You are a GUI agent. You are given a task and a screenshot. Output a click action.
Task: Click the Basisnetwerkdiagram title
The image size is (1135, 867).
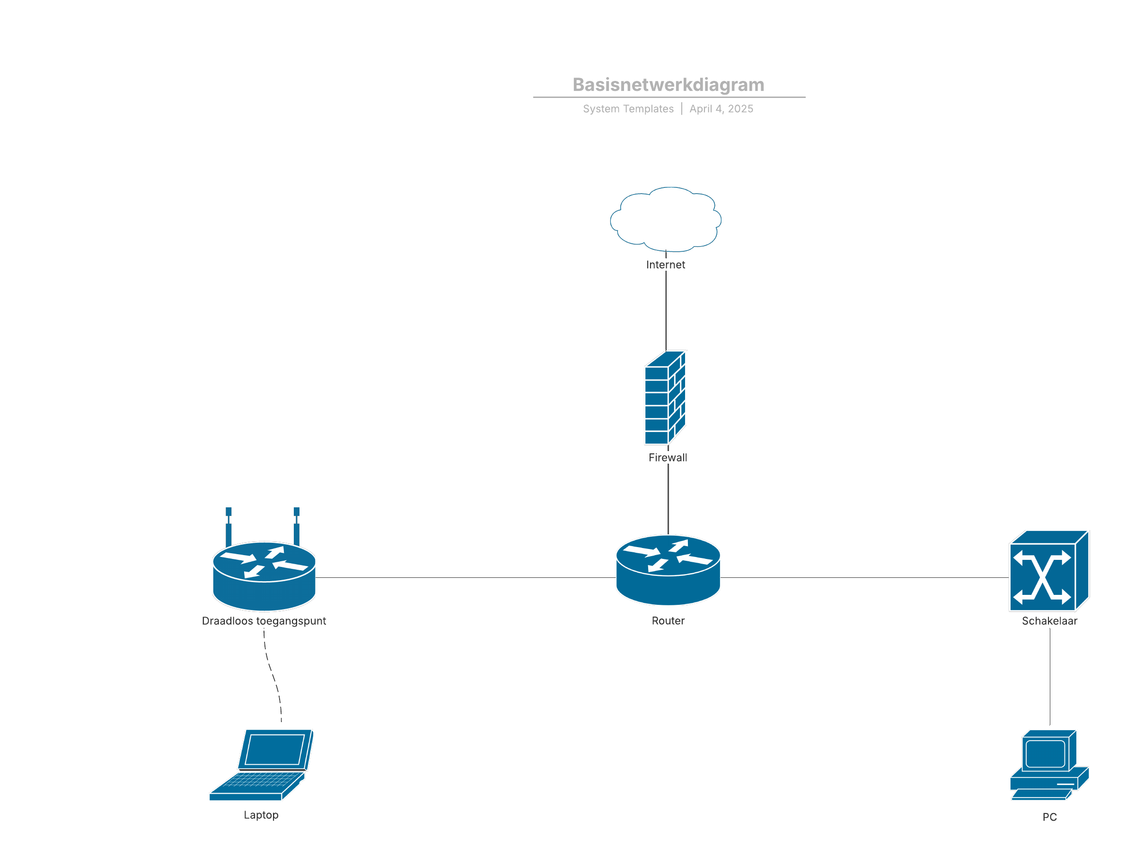point(668,84)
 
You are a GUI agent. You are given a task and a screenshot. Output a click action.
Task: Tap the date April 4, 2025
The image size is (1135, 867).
point(721,108)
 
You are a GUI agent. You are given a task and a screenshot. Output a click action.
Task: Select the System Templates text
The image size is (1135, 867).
point(628,108)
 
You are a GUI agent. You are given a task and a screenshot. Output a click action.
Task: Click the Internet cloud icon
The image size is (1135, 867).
point(666,219)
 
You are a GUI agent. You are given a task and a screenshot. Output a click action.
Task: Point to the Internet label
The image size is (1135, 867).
point(665,264)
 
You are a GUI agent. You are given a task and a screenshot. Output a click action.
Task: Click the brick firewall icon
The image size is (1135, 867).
point(665,397)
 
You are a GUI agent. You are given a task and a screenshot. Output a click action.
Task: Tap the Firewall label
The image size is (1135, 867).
point(668,457)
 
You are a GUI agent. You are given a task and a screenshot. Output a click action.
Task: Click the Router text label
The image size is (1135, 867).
point(668,620)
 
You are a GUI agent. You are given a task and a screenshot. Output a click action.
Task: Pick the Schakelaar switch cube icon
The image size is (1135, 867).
point(1049,570)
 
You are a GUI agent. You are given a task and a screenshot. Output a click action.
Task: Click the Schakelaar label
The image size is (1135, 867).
point(1049,620)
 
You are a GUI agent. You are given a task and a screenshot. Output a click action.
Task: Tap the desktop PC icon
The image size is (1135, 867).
point(1049,765)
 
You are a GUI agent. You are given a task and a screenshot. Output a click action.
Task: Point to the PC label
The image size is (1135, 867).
point(1049,816)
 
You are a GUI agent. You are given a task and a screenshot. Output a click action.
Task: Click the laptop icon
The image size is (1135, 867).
point(261,764)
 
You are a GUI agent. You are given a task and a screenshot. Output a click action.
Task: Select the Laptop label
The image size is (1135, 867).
point(261,814)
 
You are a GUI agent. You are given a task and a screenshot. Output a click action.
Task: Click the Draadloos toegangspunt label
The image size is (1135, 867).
point(264,620)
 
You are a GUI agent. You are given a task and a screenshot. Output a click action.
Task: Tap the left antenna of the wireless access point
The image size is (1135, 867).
point(228,526)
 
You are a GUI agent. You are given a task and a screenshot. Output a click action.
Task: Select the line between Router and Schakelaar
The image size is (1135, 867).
point(865,577)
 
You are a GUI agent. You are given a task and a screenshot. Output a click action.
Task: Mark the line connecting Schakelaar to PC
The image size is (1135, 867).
point(1049,676)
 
